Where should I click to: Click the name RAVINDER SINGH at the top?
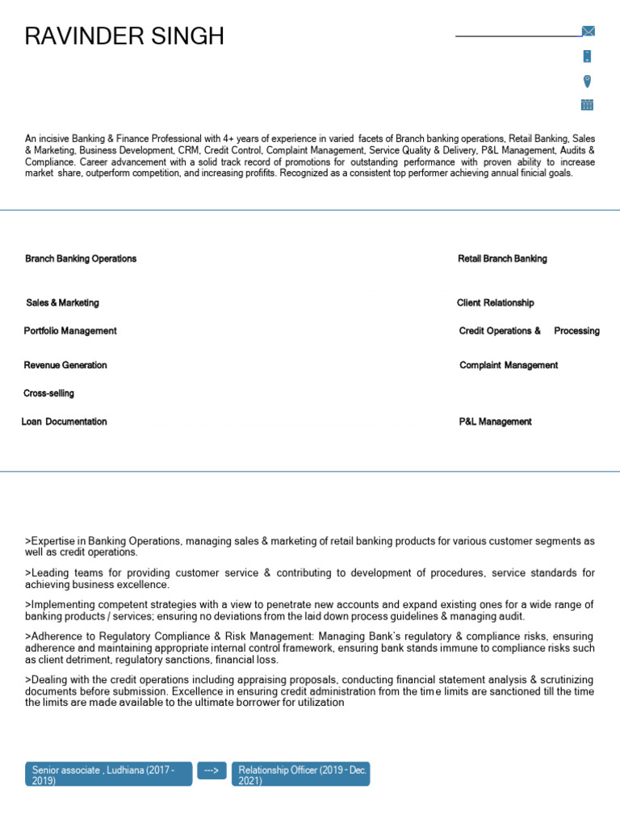click(124, 36)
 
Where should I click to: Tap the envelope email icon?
click(588, 31)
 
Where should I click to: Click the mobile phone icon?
click(587, 56)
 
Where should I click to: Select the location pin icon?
click(587, 80)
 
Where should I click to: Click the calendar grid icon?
click(587, 104)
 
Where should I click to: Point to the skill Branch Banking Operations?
click(81, 259)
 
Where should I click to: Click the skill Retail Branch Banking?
click(502, 259)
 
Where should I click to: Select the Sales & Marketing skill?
click(62, 303)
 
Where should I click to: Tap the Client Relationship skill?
click(495, 303)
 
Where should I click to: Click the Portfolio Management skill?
click(70, 331)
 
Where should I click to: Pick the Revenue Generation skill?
click(65, 366)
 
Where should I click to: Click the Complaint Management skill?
click(509, 366)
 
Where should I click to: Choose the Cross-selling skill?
click(48, 393)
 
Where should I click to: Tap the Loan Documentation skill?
click(64, 422)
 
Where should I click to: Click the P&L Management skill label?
click(495, 422)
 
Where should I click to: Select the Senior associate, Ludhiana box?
click(108, 775)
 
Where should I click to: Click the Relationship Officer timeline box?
click(301, 775)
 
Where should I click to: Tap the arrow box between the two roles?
click(212, 771)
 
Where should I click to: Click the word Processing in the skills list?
click(576, 331)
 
